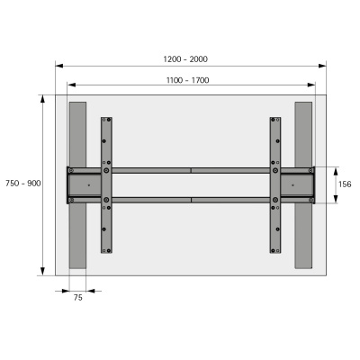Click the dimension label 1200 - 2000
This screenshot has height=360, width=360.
pos(185,58)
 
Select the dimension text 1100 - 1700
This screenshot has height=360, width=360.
pos(187,80)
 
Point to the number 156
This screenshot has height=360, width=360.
pos(344,184)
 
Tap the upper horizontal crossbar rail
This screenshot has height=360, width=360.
pos(191,169)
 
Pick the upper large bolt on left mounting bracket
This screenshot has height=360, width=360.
pos(107,169)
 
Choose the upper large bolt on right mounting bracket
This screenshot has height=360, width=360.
pos(275,169)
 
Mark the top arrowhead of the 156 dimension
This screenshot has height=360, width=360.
pos(334,168)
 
